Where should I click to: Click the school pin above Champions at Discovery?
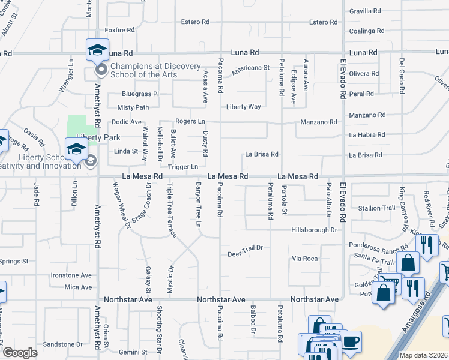tap(96, 50)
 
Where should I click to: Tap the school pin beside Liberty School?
tap(76, 149)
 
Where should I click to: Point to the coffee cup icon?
tap(351, 341)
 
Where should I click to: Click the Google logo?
tap(19, 353)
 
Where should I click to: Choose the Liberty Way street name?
tap(243, 107)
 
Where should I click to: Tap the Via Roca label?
tap(304, 259)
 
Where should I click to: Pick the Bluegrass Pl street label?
tap(140, 94)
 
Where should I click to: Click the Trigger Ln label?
tap(183, 166)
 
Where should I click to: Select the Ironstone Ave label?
tap(71, 275)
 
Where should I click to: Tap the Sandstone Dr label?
tap(62, 344)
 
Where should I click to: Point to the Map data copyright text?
tap(423, 355)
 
